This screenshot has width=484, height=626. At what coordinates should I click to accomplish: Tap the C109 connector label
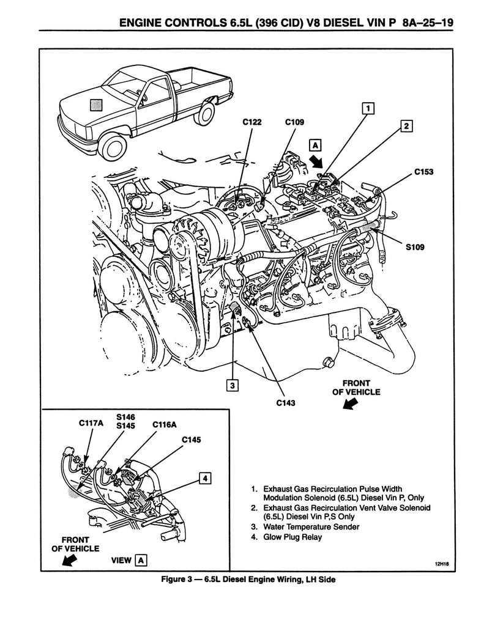294,122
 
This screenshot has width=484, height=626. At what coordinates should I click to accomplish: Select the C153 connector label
423,172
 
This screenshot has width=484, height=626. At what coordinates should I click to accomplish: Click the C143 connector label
287,402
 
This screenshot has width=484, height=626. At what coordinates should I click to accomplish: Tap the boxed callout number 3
231,385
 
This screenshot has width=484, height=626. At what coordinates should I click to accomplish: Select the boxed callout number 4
205,478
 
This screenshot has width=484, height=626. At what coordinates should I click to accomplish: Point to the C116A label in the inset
164,423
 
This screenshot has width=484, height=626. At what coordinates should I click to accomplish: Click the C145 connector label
191,440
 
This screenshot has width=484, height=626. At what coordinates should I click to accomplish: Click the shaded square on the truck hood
97,105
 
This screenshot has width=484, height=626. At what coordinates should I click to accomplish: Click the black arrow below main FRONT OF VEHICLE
349,404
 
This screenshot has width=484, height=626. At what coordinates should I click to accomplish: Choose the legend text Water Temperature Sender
311,527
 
